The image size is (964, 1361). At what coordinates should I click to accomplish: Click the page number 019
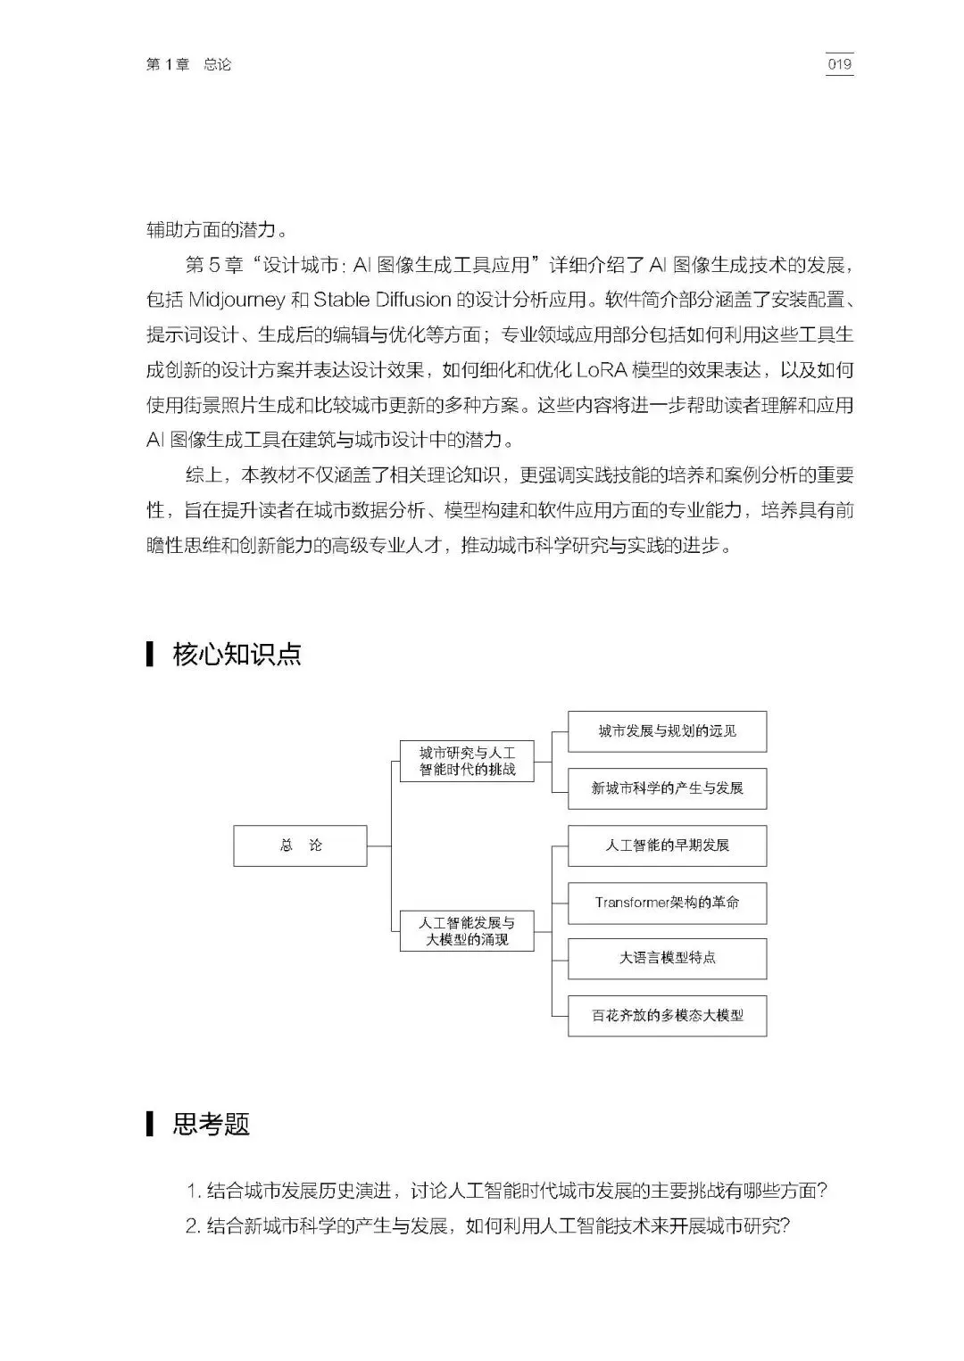tap(839, 64)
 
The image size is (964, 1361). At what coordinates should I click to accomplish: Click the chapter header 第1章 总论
tap(188, 65)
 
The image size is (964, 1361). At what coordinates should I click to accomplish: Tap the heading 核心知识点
tap(237, 655)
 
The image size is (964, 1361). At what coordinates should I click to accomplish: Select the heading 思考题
tap(211, 1124)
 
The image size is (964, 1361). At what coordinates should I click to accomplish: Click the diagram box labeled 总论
tap(300, 845)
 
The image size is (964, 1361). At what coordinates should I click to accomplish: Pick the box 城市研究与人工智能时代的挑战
tap(467, 761)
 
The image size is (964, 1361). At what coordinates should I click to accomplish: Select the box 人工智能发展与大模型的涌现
tap(467, 931)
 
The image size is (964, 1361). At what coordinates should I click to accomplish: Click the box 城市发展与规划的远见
tap(667, 731)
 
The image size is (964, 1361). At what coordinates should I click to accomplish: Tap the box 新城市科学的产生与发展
tap(667, 788)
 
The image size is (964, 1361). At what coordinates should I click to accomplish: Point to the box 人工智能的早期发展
tap(667, 845)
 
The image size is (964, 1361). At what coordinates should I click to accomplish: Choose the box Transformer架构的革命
tap(667, 903)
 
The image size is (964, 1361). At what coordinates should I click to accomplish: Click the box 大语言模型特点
tap(667, 959)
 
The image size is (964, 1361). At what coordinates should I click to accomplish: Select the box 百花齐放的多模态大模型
tap(667, 1016)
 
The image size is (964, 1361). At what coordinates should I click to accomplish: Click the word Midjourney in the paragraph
tap(237, 299)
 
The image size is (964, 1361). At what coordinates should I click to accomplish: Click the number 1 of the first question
tap(192, 1191)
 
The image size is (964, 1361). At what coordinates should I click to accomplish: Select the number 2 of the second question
tap(192, 1226)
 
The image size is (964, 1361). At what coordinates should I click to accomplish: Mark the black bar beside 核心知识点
tap(150, 654)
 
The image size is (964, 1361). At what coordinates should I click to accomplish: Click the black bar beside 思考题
tap(150, 1124)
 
